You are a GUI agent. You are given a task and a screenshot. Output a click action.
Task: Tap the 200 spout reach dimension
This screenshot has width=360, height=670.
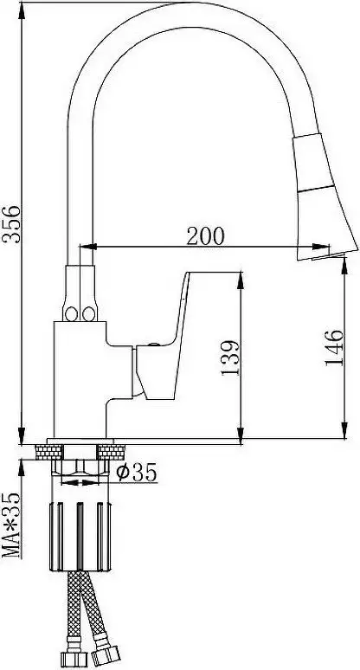tap(205, 234)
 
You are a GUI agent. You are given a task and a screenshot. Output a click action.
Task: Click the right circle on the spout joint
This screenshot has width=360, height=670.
tap(87, 311)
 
